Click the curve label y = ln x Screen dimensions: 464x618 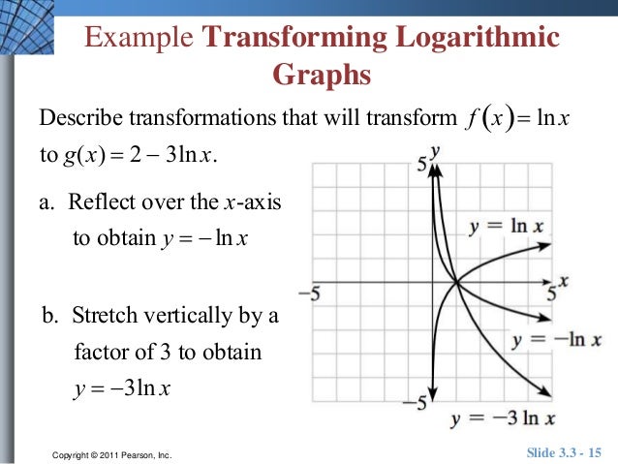(x=507, y=227)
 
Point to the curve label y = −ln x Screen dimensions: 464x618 (x=556, y=341)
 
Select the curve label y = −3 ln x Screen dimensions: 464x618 (x=504, y=418)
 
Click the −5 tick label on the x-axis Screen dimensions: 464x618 (x=309, y=291)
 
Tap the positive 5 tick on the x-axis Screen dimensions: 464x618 (x=552, y=293)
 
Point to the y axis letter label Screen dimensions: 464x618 (x=437, y=151)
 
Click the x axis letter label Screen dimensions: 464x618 (x=563, y=281)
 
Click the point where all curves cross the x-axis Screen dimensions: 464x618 (x=455, y=283)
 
